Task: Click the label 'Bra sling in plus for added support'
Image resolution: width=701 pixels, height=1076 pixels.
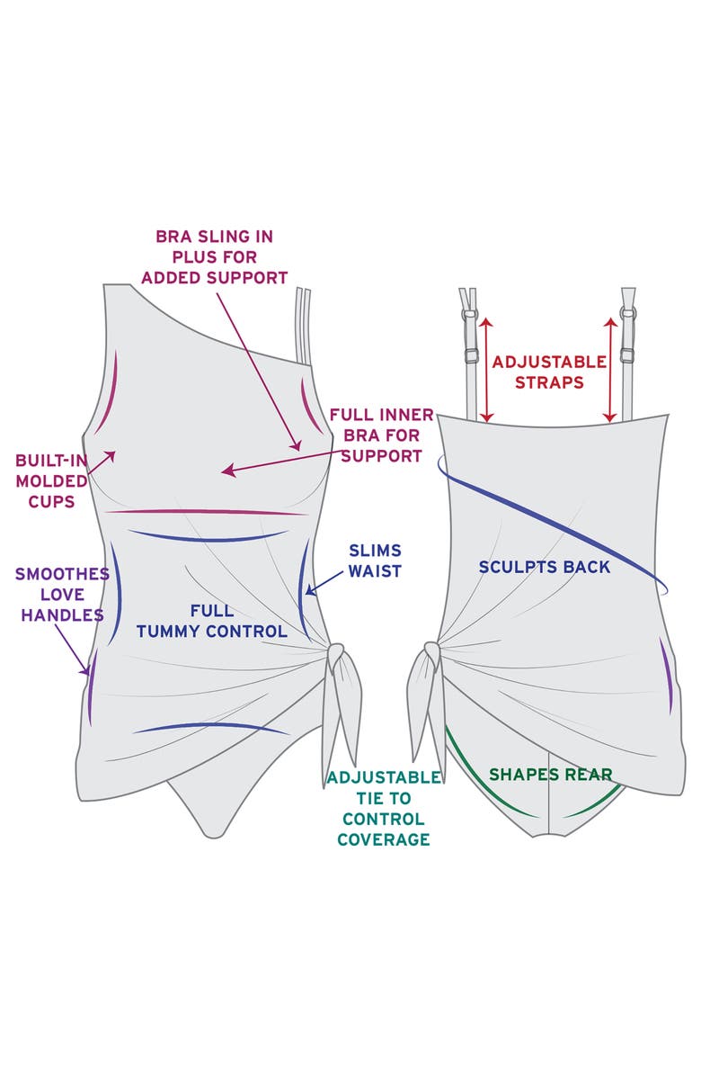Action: [215, 257]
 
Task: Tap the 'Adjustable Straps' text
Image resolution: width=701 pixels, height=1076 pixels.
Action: [549, 372]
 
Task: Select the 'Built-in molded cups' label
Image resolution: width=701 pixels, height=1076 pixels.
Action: [51, 481]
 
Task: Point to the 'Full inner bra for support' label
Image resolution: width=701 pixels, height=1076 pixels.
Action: [382, 435]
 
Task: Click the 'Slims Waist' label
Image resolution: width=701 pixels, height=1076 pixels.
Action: [375, 560]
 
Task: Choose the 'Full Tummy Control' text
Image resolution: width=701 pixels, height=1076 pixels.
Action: [212, 621]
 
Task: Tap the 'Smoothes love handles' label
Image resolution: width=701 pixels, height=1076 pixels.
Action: [62, 595]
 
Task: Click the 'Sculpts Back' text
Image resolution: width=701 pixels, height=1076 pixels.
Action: [544, 567]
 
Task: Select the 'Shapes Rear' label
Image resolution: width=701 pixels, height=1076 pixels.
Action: [550, 774]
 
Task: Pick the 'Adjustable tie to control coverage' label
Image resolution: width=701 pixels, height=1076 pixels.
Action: [384, 809]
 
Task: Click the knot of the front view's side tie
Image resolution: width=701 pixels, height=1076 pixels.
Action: [336, 658]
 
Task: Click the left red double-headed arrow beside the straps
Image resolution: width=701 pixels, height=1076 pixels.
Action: [486, 369]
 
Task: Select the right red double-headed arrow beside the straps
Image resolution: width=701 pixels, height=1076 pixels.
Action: [610, 369]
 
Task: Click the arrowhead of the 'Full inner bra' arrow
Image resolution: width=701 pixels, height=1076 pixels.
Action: [227, 471]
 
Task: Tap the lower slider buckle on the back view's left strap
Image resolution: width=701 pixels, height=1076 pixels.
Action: [472, 355]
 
